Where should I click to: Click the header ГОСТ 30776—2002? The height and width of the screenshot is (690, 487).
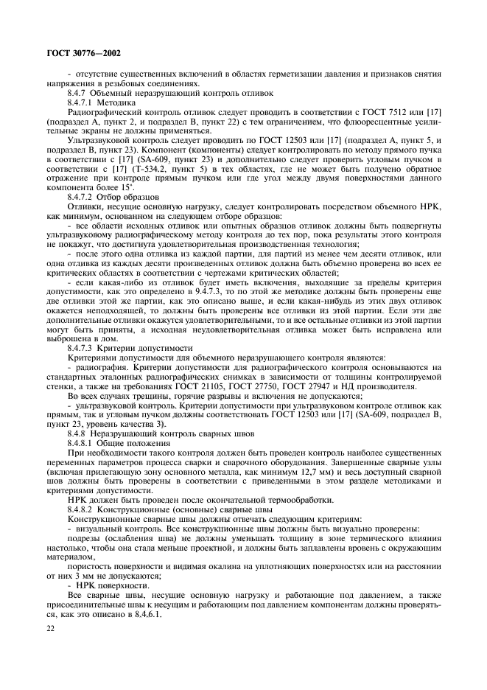(80, 52)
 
